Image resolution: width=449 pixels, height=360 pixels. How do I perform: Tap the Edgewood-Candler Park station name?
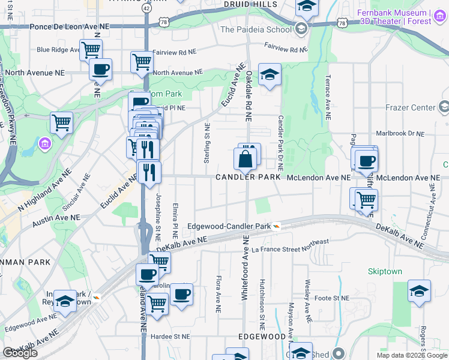(x=229, y=226)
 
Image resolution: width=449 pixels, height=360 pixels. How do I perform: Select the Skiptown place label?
(x=385, y=271)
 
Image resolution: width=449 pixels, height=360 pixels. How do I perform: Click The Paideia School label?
(x=256, y=29)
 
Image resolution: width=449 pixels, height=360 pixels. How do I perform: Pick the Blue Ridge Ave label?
(x=57, y=50)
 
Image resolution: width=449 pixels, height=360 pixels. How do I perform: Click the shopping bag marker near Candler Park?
(x=245, y=160)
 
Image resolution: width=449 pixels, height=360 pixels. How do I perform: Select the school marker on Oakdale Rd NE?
(x=270, y=75)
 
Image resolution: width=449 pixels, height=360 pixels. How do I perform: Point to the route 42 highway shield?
(x=147, y=8)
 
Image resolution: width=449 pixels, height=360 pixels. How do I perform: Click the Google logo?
(x=20, y=353)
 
